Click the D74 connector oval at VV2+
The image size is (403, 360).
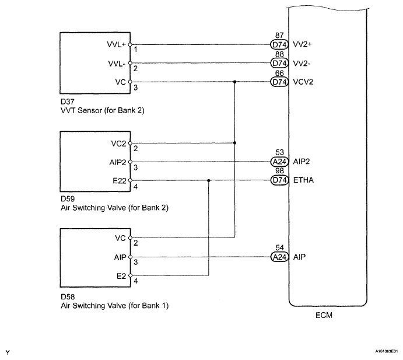(x=279, y=45)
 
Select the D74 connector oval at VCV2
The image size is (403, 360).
(x=279, y=82)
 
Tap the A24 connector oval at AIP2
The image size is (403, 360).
(x=279, y=162)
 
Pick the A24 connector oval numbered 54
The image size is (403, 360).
(x=279, y=257)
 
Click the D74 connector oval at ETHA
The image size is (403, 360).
(x=279, y=180)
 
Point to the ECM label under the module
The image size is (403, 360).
(x=324, y=315)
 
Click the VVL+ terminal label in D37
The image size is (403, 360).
(x=117, y=44)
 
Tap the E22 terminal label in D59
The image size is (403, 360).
(x=120, y=181)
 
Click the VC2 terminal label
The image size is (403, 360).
(x=119, y=144)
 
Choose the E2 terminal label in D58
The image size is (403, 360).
(x=121, y=276)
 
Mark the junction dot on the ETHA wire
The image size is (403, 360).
(x=209, y=180)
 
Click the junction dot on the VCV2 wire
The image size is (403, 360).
(x=234, y=82)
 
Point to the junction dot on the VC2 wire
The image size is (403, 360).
(x=234, y=143)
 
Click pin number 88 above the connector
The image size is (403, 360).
(x=279, y=54)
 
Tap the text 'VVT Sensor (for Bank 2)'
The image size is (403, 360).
(x=103, y=111)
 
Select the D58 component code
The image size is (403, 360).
(x=68, y=297)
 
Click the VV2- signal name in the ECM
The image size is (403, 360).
(x=302, y=64)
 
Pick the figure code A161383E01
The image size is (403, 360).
(x=386, y=351)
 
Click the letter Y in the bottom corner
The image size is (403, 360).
(x=8, y=352)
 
